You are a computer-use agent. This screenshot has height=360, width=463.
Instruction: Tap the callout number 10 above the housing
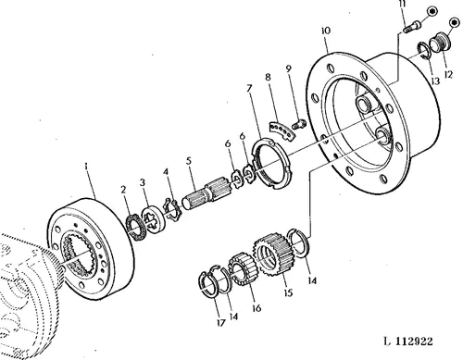325,31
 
